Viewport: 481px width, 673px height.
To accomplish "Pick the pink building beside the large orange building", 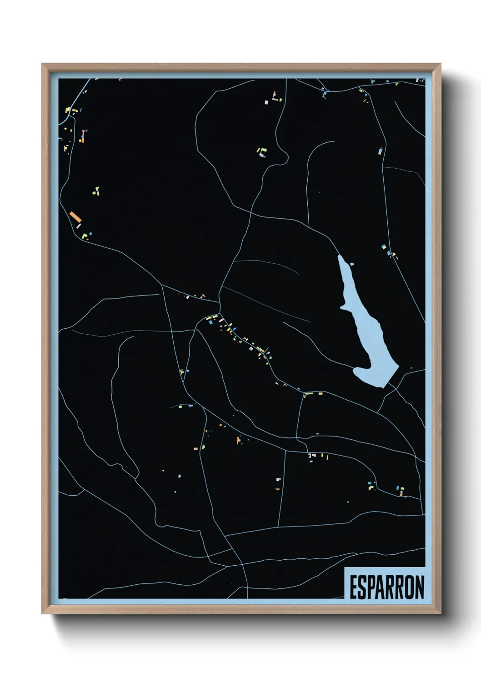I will pos(79,226).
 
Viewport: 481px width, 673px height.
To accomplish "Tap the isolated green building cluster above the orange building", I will pos(96,191).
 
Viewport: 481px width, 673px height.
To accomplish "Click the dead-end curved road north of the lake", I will pos(314,155).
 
